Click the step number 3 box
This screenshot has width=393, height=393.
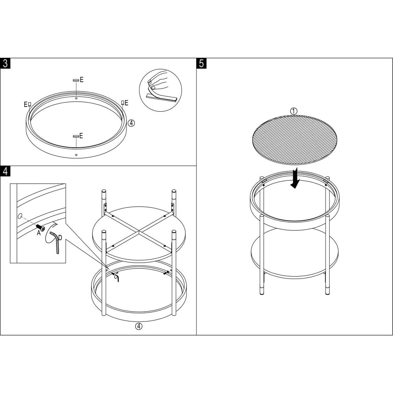[x=5, y=63]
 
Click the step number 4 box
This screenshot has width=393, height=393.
[x=5, y=171]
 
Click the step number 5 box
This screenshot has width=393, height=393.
[x=202, y=63]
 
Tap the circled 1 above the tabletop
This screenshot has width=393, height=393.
[x=294, y=111]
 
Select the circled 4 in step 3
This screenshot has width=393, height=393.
[x=131, y=123]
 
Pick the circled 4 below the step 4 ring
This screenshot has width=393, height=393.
[x=139, y=326]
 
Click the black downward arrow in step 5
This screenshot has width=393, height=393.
[x=295, y=178]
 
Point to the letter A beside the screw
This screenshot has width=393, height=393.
[x=39, y=233]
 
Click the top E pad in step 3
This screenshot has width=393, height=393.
[x=76, y=80]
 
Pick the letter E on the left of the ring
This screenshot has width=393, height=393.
[x=26, y=104]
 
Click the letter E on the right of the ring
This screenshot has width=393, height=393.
[x=126, y=103]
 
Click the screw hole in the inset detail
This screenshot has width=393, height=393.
[x=20, y=215]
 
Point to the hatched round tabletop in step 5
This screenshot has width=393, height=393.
[x=294, y=140]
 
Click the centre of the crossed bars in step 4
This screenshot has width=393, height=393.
[x=139, y=231]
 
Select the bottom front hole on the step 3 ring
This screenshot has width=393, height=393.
[x=77, y=155]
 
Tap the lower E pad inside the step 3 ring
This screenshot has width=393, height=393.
[x=76, y=136]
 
